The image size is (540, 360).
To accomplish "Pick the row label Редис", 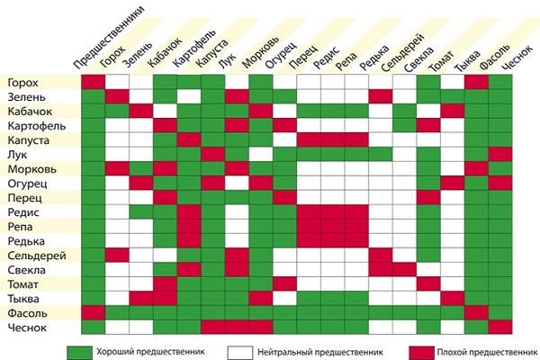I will [x=22, y=211].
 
